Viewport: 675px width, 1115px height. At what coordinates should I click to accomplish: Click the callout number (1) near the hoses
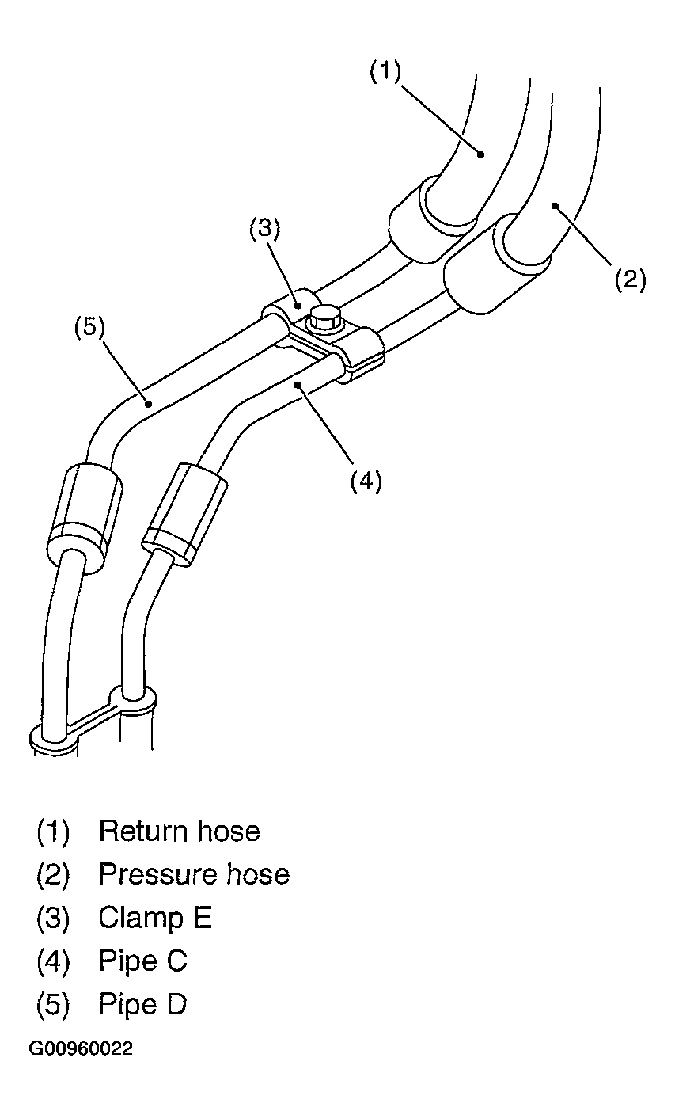(x=385, y=72)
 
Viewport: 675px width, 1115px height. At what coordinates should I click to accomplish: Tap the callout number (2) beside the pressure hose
(x=630, y=279)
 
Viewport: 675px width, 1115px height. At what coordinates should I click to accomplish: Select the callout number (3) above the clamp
(x=264, y=228)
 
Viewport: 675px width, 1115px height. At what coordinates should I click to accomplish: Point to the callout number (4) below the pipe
(x=366, y=481)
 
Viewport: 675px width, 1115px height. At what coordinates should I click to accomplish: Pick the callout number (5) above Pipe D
(x=89, y=327)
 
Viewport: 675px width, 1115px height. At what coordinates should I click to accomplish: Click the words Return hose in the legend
(x=179, y=831)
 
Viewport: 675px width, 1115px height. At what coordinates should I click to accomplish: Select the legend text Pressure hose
(x=194, y=874)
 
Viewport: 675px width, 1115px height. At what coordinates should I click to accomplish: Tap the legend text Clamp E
(x=155, y=917)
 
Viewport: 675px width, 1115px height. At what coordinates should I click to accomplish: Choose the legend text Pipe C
(x=142, y=961)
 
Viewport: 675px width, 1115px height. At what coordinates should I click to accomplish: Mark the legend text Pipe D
(x=142, y=1004)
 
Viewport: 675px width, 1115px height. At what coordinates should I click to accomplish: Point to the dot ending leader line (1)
(x=480, y=154)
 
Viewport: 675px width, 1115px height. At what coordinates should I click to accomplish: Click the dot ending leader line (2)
(x=556, y=205)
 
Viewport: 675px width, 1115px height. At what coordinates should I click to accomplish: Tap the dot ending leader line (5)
(x=148, y=403)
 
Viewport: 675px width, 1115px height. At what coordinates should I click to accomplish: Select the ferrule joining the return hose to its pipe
(x=432, y=219)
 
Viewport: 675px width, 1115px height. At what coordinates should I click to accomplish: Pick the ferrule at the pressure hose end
(x=496, y=264)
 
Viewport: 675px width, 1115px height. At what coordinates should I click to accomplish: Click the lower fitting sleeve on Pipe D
(x=85, y=518)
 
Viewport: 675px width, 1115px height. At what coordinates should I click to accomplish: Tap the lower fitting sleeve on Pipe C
(x=184, y=514)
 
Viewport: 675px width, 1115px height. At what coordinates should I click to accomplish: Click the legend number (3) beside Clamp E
(x=53, y=918)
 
